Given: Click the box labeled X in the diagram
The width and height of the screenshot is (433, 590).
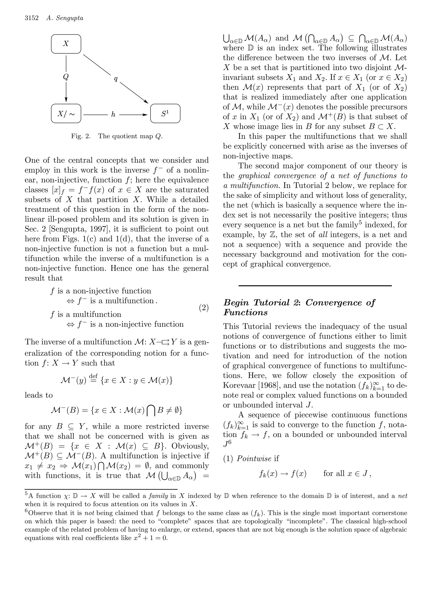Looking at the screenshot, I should [x=66, y=44].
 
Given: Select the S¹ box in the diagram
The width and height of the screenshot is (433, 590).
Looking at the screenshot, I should [x=165, y=113].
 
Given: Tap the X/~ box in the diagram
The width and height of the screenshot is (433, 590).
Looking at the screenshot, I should [x=66, y=113].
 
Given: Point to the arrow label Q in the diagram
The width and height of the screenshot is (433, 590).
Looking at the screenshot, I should [x=66, y=77].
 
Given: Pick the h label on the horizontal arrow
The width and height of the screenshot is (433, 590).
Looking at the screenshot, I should [x=113, y=115].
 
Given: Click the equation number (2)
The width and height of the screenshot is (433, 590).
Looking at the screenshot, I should [x=204, y=308].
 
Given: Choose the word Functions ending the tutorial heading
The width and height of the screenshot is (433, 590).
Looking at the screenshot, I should [x=245, y=313].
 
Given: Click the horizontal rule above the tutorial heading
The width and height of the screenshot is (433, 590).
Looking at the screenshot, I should [x=315, y=285].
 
